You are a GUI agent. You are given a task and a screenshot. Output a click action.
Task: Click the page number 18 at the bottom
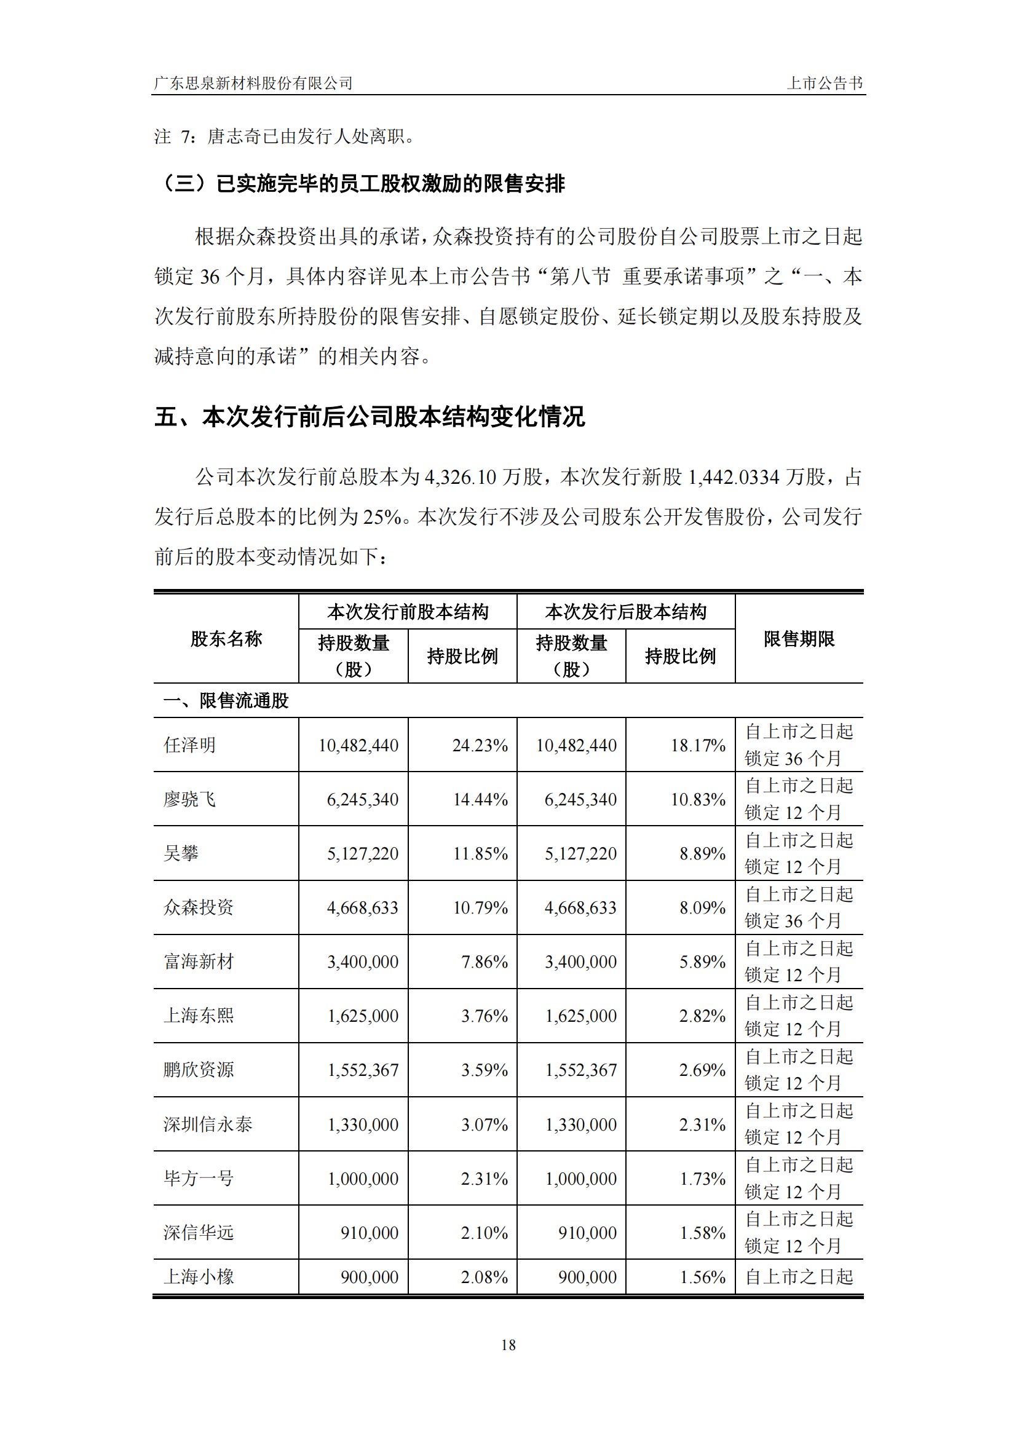[508, 1345]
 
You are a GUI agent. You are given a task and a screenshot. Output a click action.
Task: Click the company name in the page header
[253, 82]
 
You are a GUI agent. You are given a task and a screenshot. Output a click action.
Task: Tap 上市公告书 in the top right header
[824, 82]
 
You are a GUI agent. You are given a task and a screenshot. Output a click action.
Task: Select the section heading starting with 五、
[370, 416]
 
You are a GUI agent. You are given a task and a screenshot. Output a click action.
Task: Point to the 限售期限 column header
[799, 639]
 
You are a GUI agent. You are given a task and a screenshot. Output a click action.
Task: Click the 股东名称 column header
[226, 639]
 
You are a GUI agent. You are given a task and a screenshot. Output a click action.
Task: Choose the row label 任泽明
[190, 745]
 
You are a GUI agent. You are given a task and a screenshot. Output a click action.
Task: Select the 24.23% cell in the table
[480, 745]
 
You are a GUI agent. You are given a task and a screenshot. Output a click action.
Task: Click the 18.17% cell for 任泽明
[698, 745]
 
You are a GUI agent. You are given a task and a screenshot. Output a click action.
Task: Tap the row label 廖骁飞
[190, 799]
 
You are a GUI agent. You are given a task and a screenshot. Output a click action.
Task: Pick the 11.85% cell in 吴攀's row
[480, 854]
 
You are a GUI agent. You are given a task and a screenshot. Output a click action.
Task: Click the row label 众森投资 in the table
[199, 907]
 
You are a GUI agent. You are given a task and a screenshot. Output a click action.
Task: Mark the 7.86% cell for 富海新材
[484, 962]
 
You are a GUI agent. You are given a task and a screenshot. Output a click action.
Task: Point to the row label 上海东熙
[199, 1016]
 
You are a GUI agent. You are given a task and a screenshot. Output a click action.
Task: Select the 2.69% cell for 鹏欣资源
[702, 1070]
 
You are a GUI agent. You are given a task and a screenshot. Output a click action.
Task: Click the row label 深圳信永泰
[208, 1124]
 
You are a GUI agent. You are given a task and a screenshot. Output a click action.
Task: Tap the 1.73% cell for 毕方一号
[703, 1179]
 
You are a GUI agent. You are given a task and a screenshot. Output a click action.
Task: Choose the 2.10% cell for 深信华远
[484, 1233]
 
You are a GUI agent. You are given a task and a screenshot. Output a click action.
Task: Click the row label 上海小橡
[199, 1277]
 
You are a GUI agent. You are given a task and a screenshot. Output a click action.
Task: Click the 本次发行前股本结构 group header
[408, 612]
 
